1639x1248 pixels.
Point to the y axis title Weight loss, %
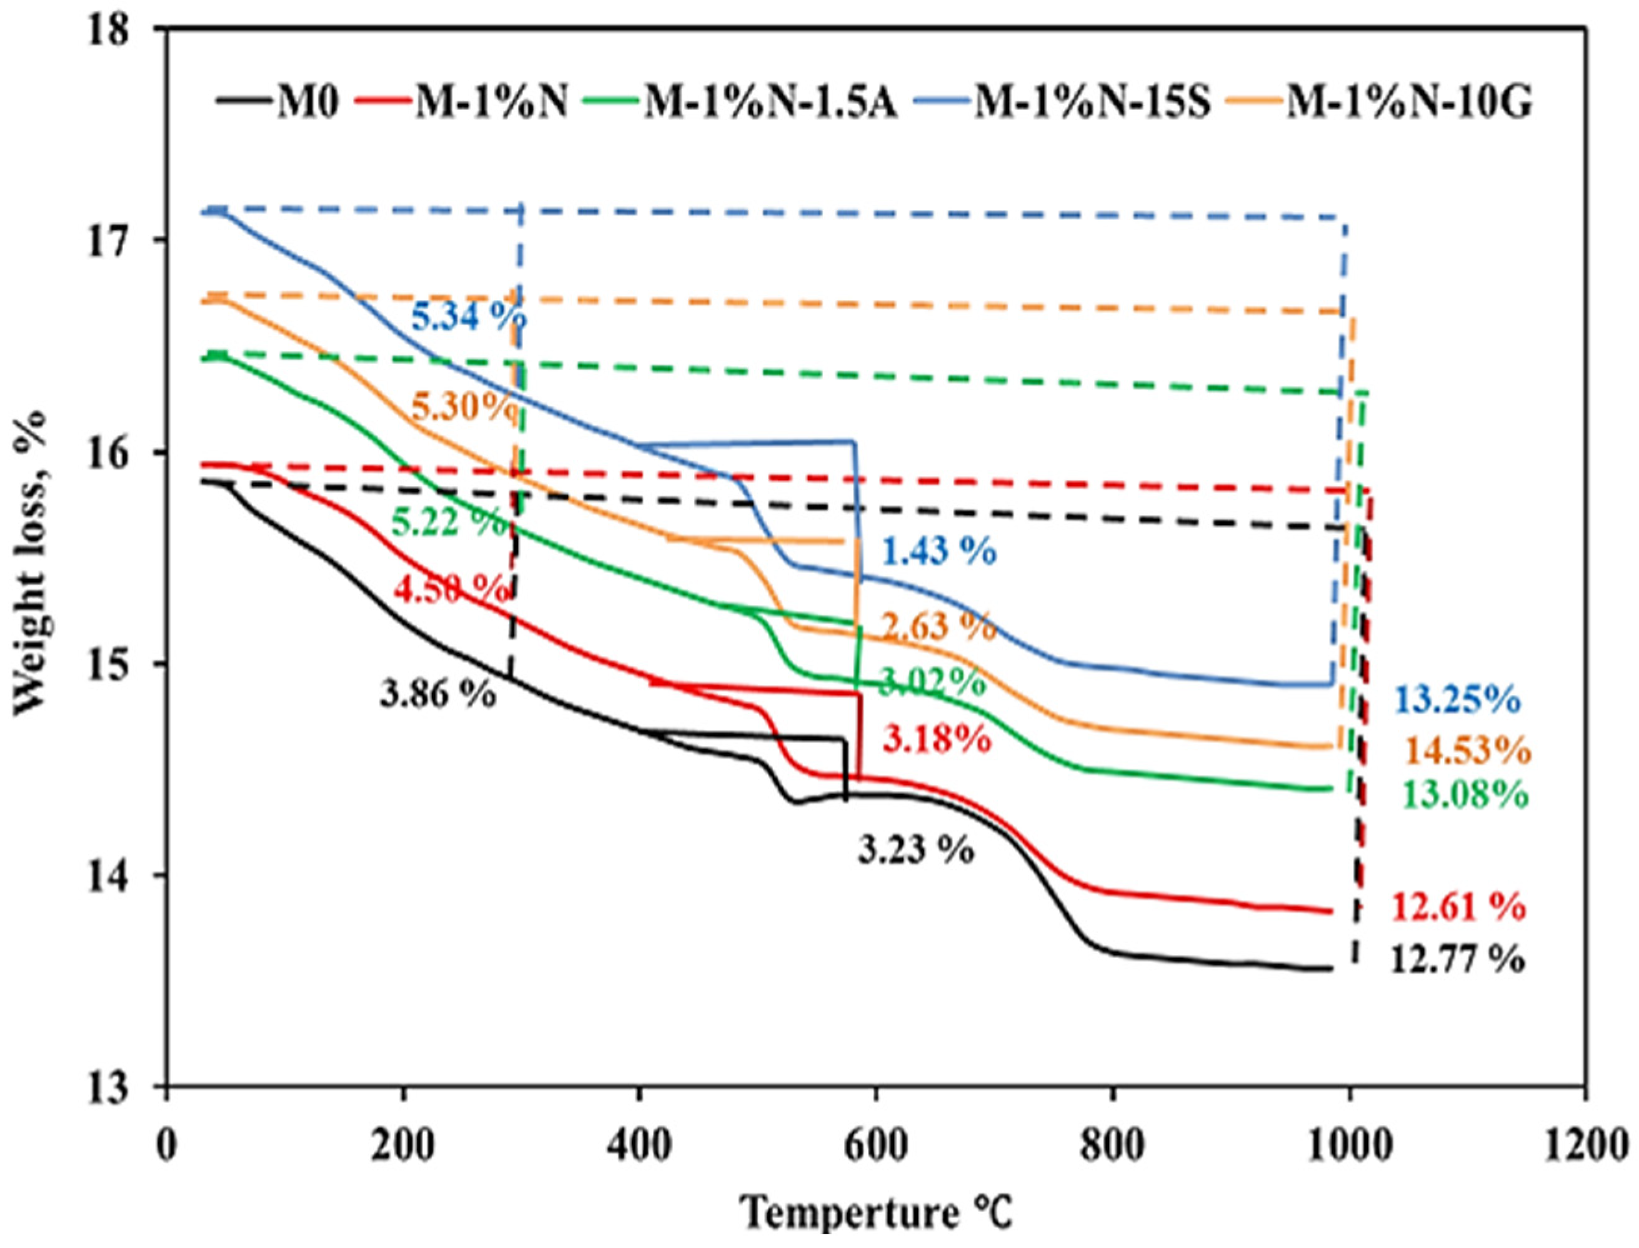31,564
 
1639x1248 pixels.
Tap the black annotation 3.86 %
437,694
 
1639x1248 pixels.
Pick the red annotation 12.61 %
1458,908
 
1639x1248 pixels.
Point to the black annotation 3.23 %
915,851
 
